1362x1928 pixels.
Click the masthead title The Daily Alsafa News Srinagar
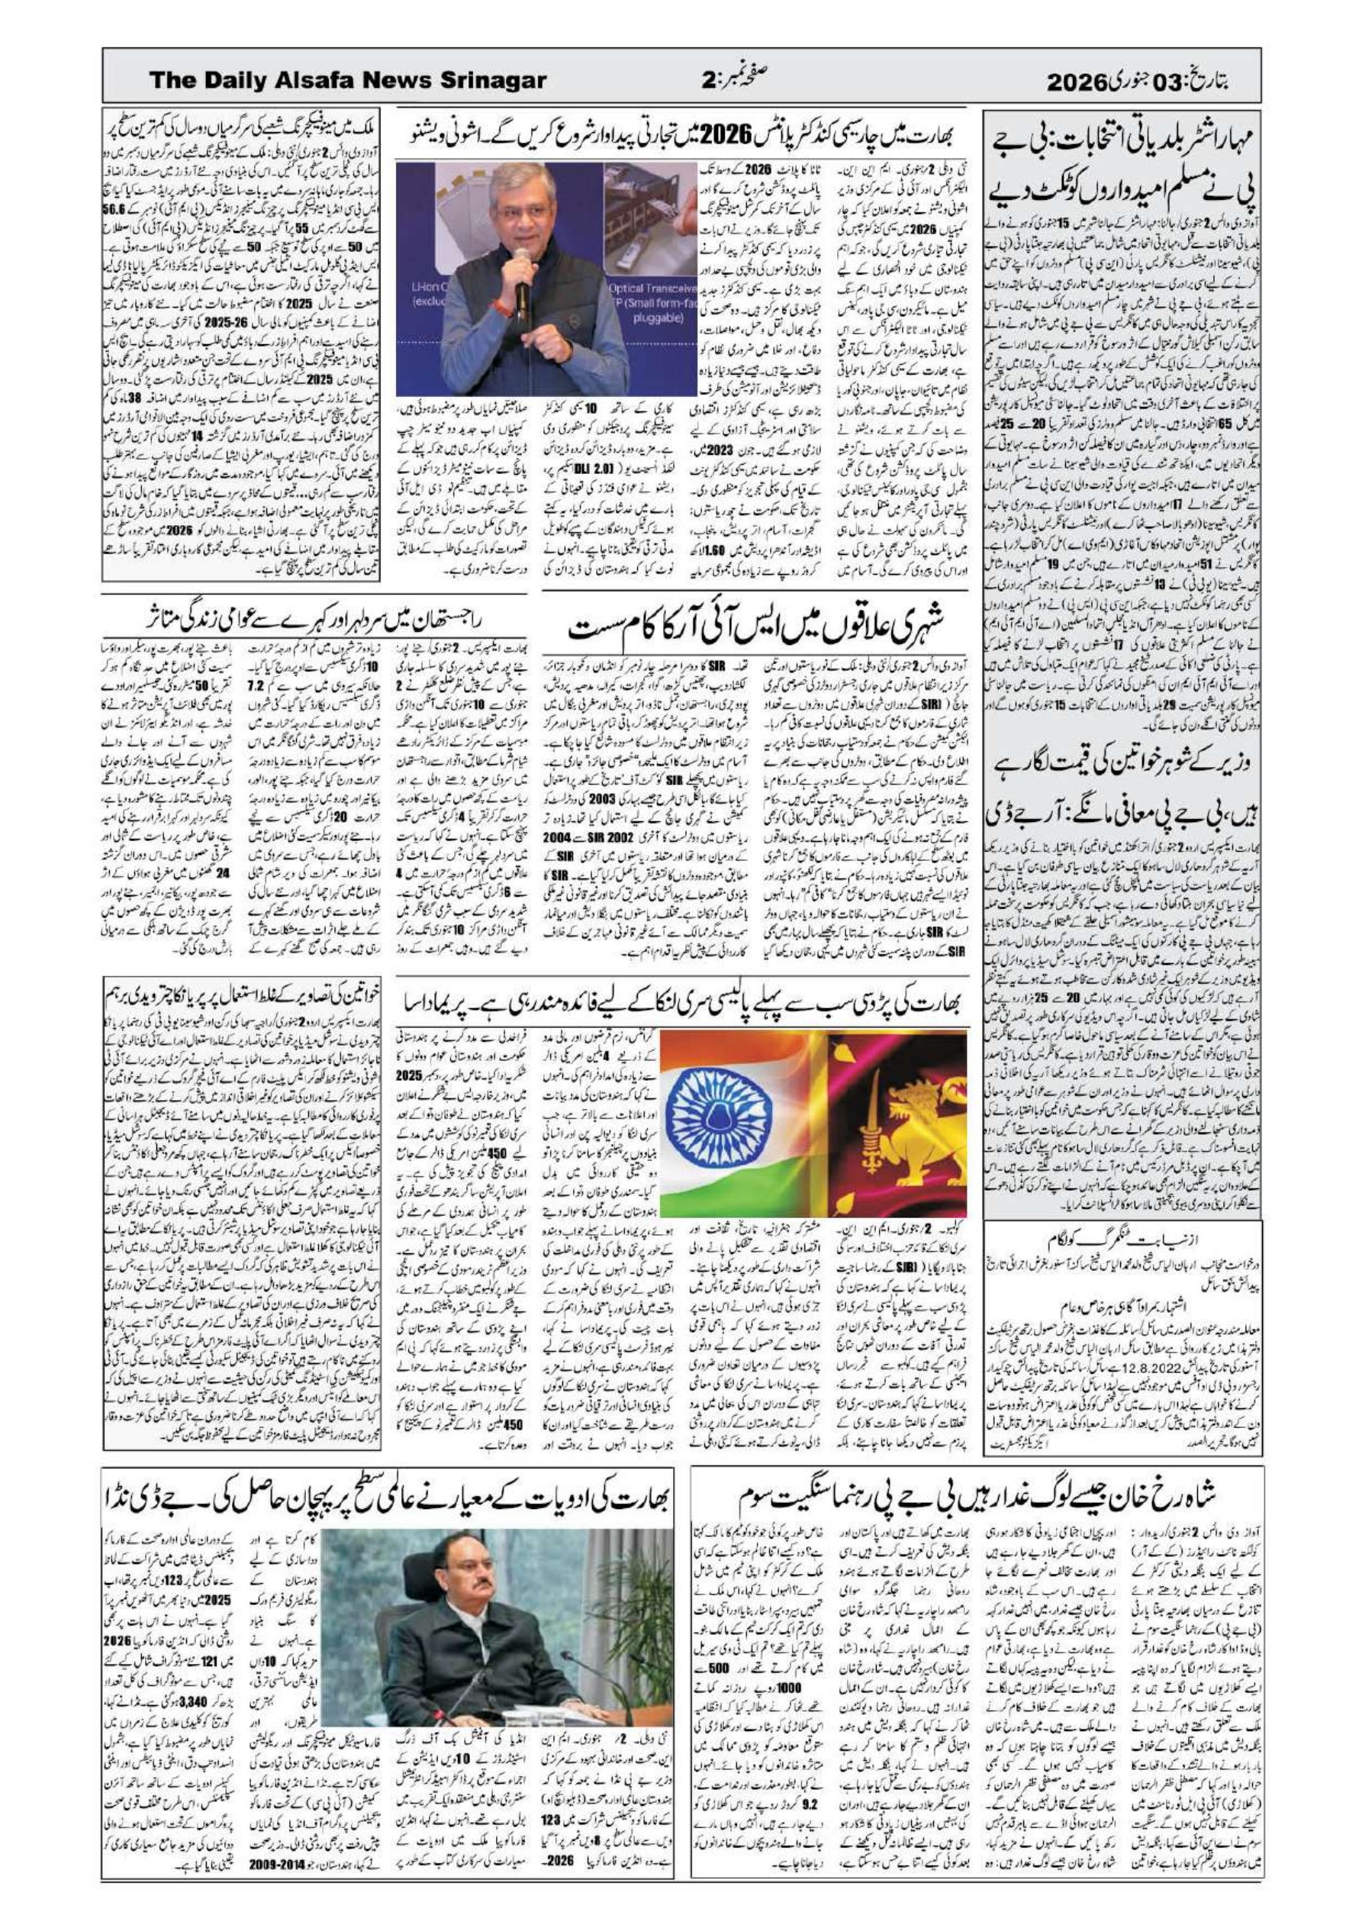pos(348,81)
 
